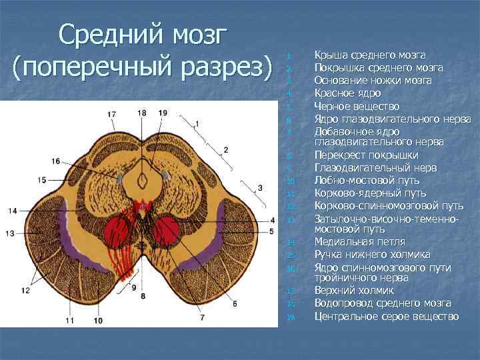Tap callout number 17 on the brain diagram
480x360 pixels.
pos(111,115)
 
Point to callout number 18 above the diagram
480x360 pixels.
pos(142,113)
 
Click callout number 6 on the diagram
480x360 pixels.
pos(235,304)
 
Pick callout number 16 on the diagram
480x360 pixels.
pos(55,161)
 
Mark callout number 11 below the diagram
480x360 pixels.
pos(69,321)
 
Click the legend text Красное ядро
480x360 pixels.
pos(345,93)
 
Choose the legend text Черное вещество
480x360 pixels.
pos(357,106)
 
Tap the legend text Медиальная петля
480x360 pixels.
pos(359,241)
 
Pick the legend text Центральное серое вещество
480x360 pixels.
pos(387,316)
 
